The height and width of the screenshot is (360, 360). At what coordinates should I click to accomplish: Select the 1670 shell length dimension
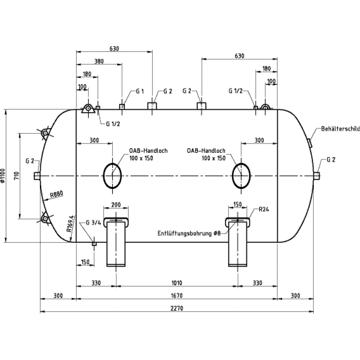click(177, 295)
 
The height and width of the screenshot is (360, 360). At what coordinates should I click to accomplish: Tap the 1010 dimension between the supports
click(177, 283)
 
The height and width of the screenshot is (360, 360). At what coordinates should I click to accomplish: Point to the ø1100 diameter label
click(3, 175)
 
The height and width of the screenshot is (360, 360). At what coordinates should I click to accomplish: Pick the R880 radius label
click(56, 195)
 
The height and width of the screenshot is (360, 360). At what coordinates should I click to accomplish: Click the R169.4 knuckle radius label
click(70, 224)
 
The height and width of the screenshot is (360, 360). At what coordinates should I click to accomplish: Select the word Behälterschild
click(340, 129)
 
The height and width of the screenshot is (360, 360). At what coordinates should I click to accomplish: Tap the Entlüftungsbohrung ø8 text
click(189, 233)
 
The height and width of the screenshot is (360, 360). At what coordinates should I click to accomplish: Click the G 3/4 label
click(92, 223)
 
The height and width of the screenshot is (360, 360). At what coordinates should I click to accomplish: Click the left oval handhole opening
click(112, 175)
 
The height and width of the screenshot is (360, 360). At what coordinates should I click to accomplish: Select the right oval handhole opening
click(241, 175)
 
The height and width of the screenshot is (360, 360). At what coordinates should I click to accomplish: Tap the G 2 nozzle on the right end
click(317, 175)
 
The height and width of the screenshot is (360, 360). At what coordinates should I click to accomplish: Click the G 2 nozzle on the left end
click(37, 175)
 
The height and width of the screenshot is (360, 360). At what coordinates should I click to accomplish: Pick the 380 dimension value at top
click(99, 61)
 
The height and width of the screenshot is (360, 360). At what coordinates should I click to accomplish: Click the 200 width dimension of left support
click(116, 205)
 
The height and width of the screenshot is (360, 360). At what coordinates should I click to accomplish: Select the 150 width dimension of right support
click(237, 205)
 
